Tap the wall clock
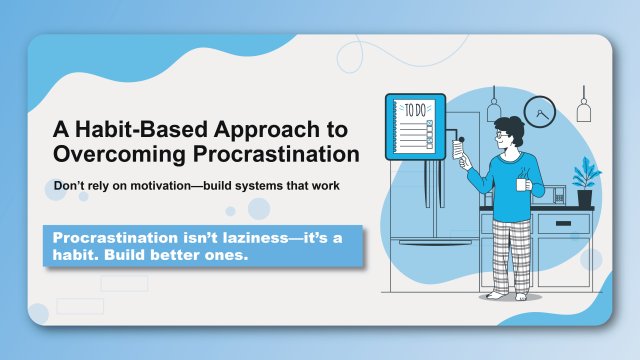pos(539,109)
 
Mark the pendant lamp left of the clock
pos(494,109)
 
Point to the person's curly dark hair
pos(512,126)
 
